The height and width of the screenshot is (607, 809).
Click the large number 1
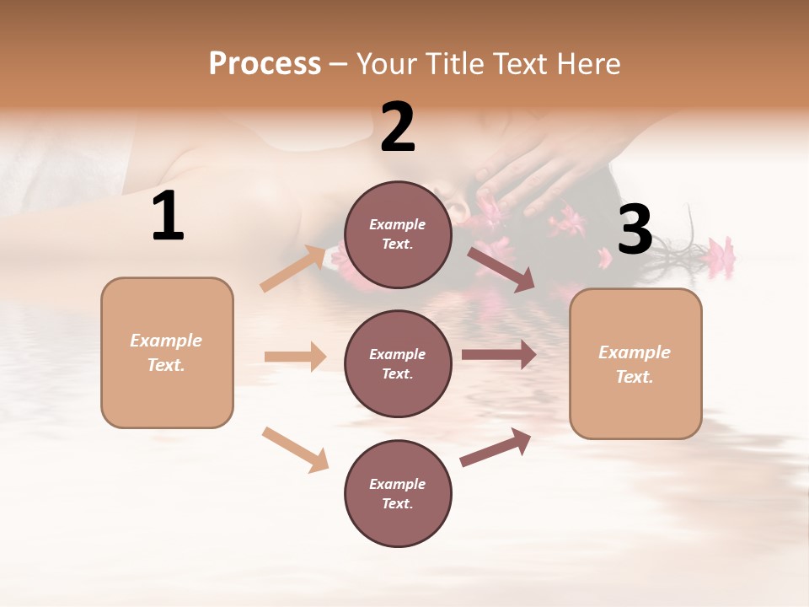168,217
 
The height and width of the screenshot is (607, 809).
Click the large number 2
398,127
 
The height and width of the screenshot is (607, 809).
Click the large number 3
635,230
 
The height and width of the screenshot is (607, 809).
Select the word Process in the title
265,64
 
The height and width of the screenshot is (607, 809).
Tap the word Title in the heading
453,64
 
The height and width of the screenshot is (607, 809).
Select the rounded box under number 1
167,352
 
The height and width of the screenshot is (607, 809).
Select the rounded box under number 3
635,363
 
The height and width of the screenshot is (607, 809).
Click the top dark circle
398,234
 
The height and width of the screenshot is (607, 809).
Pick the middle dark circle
398,363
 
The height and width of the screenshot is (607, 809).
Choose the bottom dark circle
398,493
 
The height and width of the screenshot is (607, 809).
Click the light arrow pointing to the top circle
293,268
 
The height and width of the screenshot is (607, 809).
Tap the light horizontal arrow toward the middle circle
295,357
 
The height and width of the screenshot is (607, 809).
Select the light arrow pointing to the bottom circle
295,449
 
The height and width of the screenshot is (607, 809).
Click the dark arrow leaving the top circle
501,269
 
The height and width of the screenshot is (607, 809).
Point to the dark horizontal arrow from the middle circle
499,355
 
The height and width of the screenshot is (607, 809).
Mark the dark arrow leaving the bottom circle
496,448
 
